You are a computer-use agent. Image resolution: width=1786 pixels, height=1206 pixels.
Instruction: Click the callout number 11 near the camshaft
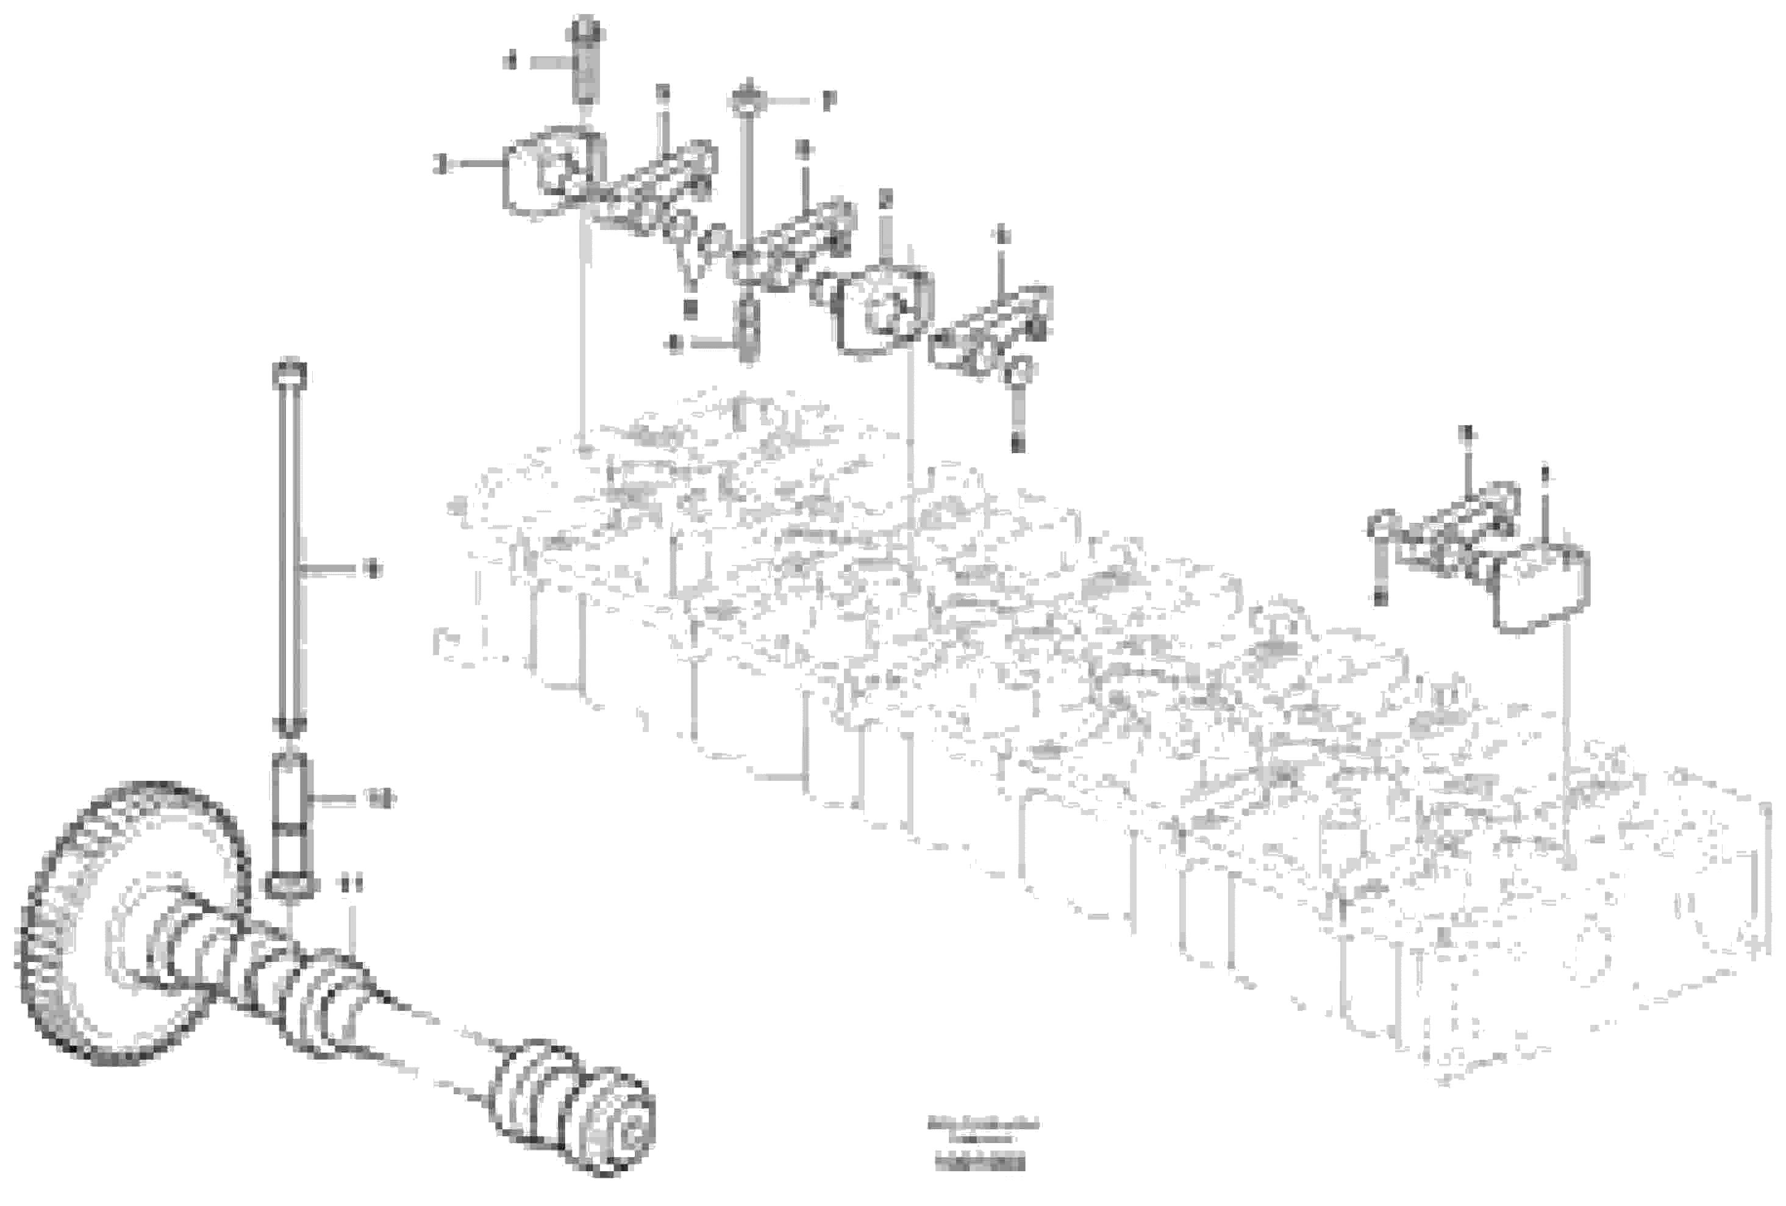tap(351, 886)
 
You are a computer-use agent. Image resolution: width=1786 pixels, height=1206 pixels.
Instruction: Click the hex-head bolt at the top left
tap(587, 62)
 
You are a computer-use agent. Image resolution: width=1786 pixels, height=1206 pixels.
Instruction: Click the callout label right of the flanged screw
tap(827, 101)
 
